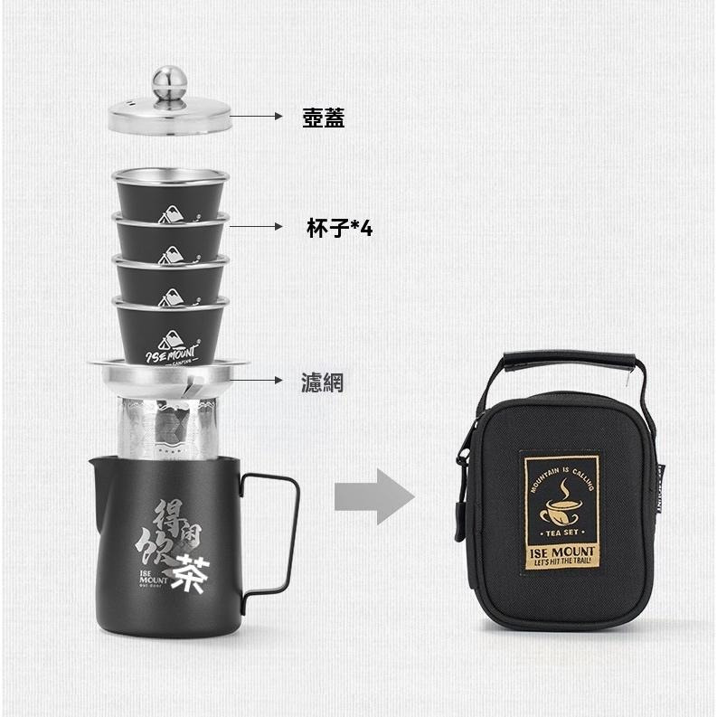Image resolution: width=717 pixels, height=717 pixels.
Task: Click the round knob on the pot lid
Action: click(168, 79)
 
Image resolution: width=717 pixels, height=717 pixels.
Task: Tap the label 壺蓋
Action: click(323, 118)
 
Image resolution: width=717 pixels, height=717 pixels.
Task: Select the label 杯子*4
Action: click(339, 229)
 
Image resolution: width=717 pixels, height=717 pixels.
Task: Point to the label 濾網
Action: click(323, 382)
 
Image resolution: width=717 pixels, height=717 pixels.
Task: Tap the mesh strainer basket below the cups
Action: click(168, 425)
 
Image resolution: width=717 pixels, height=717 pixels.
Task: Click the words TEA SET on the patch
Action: click(561, 534)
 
